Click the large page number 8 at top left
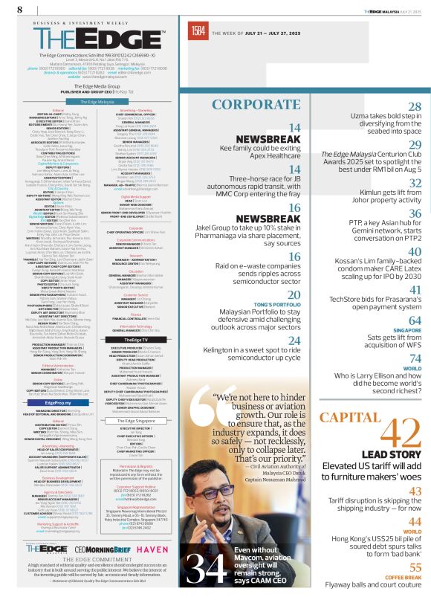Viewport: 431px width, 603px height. click(19, 9)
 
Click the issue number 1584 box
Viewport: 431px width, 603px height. click(198, 30)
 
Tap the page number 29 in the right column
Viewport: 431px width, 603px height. click(415, 144)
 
